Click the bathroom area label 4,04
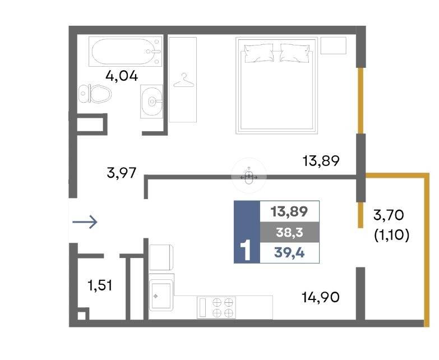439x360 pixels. click(122, 76)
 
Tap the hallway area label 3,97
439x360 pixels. click(122, 173)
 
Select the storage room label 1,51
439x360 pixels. click(100, 285)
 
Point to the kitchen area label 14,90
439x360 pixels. click(321, 297)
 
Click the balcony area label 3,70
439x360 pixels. click(389, 215)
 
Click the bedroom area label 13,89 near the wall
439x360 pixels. click(321, 161)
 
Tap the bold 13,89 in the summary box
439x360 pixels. click(289, 211)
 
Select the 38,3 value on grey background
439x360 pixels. click(289, 232)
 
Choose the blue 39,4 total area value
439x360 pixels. click(289, 253)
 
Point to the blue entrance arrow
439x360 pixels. click(85, 222)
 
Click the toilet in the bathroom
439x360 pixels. click(95, 94)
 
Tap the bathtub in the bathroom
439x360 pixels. click(126, 52)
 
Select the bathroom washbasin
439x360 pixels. click(151, 101)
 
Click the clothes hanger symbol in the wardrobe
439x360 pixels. click(184, 80)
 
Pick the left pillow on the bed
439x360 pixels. click(258, 53)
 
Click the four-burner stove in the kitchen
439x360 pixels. click(216, 307)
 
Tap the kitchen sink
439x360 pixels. click(161, 295)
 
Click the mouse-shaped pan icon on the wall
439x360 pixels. click(249, 177)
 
